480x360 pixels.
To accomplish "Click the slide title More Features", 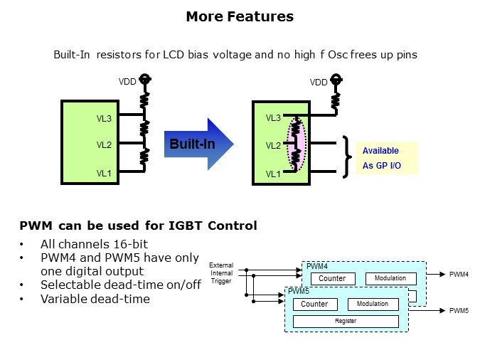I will [x=240, y=16].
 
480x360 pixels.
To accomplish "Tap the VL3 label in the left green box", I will [x=105, y=118].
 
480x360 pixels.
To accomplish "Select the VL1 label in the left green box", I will [x=105, y=172].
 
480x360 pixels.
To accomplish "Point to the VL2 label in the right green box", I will [x=273, y=146].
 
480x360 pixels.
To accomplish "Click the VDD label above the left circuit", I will [x=127, y=83].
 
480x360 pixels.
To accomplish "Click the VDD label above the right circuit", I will [x=319, y=83].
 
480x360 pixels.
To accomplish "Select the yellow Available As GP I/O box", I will [x=386, y=158].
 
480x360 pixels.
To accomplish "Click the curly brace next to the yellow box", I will [x=347, y=155].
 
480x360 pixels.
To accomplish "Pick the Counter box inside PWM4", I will [x=332, y=278].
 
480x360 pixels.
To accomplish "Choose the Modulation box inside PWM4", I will [x=390, y=278].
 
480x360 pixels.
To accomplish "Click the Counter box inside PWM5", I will [x=314, y=304].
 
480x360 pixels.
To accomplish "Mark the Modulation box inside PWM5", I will [x=373, y=304].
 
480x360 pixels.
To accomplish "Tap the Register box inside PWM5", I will [x=346, y=321].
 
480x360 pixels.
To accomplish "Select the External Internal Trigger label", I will [x=221, y=272].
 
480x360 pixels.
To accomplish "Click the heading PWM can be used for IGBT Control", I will [x=138, y=226].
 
